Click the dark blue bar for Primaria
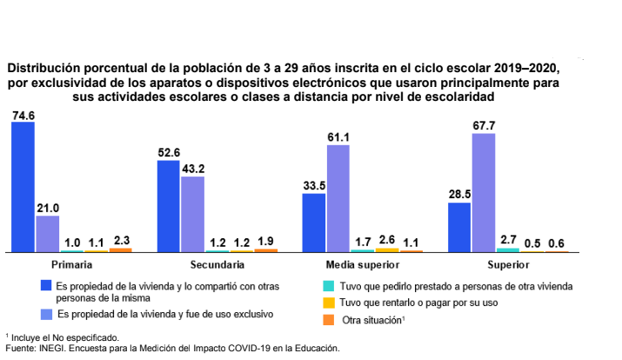click(x=23, y=186)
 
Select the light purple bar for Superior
click(x=483, y=192)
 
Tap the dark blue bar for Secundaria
click(x=168, y=205)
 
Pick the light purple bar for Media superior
click(x=338, y=197)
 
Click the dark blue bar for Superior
click(x=459, y=227)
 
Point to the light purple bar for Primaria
click(x=48, y=233)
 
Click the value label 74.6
click(x=23, y=115)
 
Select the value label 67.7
click(x=483, y=126)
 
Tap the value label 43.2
click(x=192, y=169)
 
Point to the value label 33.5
click(x=314, y=185)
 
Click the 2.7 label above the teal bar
click(x=507, y=239)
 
